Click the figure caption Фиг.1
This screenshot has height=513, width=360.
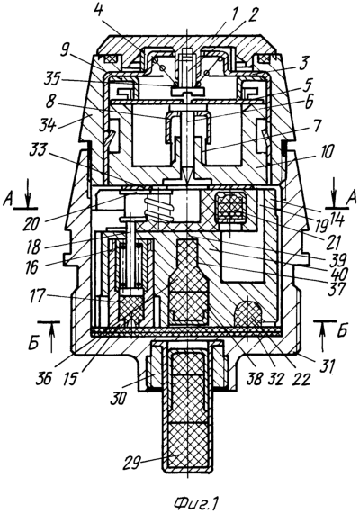tap(196, 501)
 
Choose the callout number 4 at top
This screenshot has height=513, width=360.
tap(98, 10)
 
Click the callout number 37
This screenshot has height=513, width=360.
tap(336, 289)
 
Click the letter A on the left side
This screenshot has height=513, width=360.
tap(7, 199)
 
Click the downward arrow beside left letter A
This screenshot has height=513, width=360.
tap(28, 193)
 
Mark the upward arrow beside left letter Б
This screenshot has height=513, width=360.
tap(51, 337)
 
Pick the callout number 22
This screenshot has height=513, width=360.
tap(301, 379)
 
